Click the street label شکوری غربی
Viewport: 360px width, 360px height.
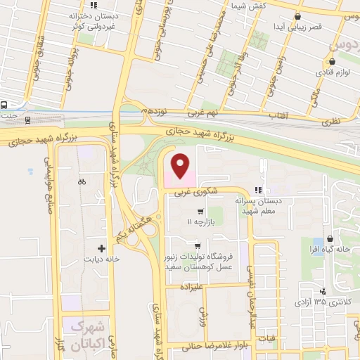point(203,188)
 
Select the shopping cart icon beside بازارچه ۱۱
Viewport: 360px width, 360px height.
point(201,211)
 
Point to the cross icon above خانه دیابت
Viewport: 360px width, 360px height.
point(102,247)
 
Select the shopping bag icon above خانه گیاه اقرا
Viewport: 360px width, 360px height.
point(331,240)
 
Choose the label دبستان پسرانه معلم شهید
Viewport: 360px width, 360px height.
point(263,205)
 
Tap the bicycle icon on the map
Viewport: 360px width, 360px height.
point(82,181)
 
